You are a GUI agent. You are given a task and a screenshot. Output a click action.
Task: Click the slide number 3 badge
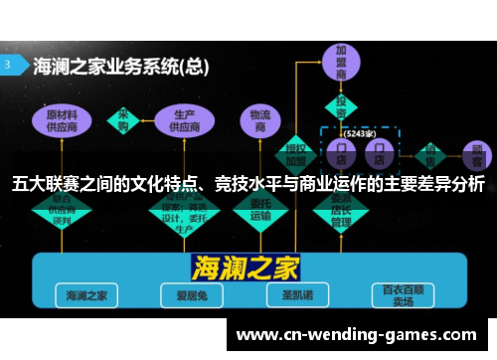[10, 63]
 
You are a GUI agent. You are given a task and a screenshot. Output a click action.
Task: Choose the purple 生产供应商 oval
[184, 120]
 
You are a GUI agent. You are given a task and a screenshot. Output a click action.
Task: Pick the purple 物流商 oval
[259, 120]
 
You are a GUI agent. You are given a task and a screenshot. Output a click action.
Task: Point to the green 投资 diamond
[342, 105]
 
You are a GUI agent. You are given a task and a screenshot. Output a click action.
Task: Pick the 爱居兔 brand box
[186, 295]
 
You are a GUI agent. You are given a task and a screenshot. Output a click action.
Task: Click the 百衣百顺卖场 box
[403, 295]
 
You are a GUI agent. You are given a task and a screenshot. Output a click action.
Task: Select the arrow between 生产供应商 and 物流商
[223, 120]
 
